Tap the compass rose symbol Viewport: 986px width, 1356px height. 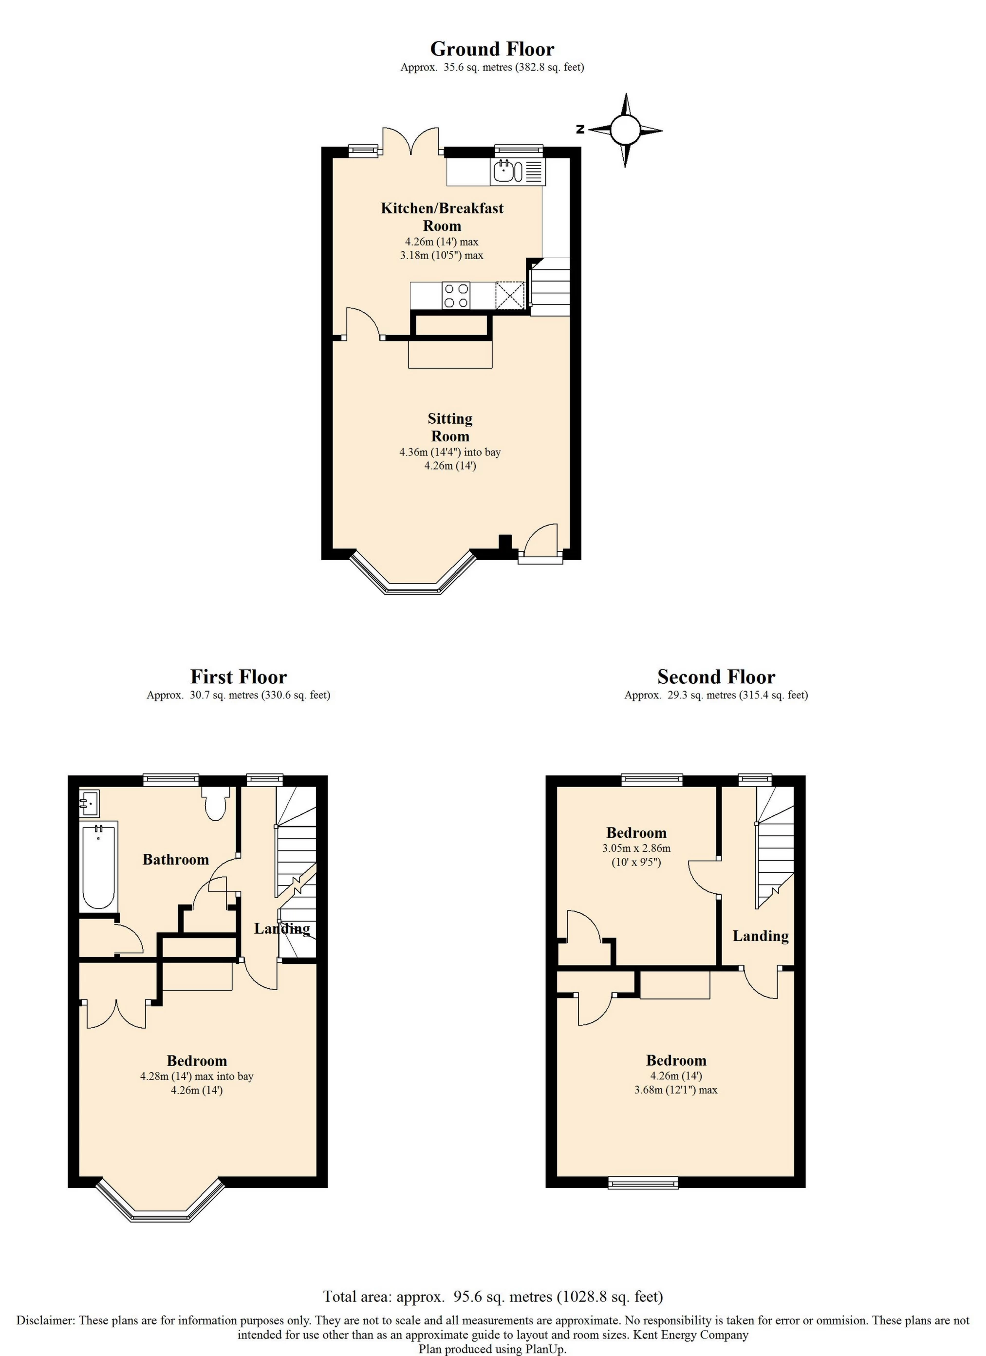[x=625, y=130]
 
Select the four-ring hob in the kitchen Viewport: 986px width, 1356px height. [x=456, y=295]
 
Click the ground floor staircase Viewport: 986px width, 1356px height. [x=550, y=287]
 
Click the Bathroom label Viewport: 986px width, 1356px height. [x=176, y=859]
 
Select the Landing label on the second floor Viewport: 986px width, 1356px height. [x=761, y=936]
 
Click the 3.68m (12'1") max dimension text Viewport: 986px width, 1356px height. [x=676, y=1090]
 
